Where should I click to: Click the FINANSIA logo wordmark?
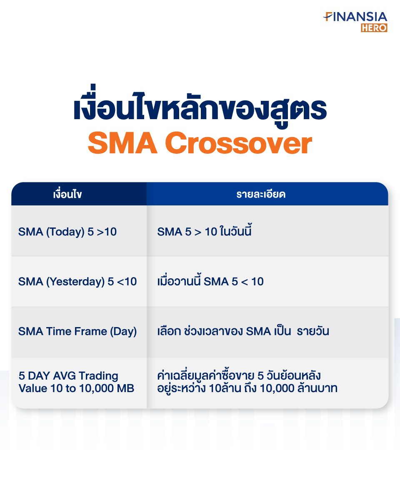[x=355, y=17]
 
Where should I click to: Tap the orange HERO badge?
[x=374, y=28]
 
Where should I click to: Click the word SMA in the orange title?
[x=122, y=143]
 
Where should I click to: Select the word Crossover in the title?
[x=238, y=143]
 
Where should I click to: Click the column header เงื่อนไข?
[x=67, y=194]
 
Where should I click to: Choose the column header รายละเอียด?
[x=261, y=194]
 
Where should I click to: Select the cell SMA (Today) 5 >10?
[x=67, y=232]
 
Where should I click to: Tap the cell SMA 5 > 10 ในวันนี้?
[x=204, y=231]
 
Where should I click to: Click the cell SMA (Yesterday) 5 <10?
[x=77, y=282]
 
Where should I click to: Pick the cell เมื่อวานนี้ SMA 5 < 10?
[x=210, y=281]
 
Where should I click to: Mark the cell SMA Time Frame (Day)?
[x=77, y=332]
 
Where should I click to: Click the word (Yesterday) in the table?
[x=75, y=282]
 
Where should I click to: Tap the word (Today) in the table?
[x=65, y=232]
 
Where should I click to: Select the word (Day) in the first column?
[x=123, y=332]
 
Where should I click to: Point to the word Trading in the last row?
[x=99, y=376]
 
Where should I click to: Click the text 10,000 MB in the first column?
[x=107, y=388]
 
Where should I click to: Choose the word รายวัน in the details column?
[x=313, y=331]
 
